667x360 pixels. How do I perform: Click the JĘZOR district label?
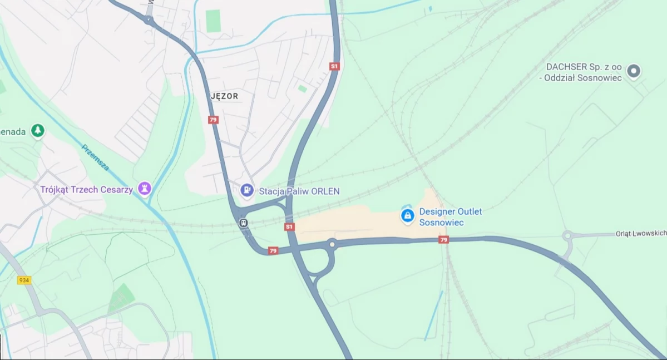tap(225, 96)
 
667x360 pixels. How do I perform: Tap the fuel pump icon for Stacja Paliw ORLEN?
tap(247, 191)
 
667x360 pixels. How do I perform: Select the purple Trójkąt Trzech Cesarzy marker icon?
tap(145, 189)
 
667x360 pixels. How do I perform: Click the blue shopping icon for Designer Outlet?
tap(408, 215)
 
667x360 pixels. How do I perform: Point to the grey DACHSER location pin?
tap(633, 71)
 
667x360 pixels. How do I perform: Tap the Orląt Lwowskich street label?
tap(640, 234)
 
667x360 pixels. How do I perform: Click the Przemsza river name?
tap(95, 157)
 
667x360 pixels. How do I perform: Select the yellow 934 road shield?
tap(24, 280)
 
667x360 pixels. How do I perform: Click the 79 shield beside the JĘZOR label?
tap(213, 120)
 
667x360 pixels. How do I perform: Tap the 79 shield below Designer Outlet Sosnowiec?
tap(443, 240)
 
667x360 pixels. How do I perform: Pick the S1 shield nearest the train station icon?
tap(289, 226)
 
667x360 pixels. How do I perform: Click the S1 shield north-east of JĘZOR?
tap(334, 66)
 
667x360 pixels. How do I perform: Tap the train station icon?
tap(243, 223)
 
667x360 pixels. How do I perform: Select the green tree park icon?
tap(38, 131)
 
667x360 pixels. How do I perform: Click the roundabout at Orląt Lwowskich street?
tap(567, 235)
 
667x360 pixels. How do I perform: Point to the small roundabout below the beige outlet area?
tap(332, 243)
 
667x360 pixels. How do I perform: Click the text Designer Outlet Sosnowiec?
tap(451, 217)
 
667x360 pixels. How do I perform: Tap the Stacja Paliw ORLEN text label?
tap(299, 191)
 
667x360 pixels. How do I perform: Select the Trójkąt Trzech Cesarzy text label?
tap(86, 190)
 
